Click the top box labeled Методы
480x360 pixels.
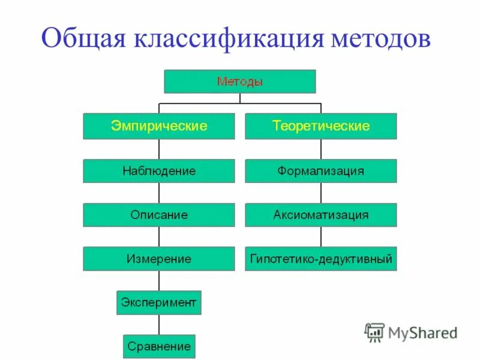tap(239, 82)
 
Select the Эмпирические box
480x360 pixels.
tap(159, 126)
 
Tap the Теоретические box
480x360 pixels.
tap(320, 126)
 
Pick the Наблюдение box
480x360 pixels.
tap(159, 171)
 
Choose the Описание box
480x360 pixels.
tap(159, 215)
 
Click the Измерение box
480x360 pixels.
tap(159, 259)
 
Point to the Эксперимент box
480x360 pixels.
tap(159, 302)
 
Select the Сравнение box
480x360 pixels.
tap(159, 346)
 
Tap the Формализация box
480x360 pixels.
tap(320, 171)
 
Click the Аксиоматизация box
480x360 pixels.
tap(320, 215)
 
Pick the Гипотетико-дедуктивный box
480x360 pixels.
tap(320, 259)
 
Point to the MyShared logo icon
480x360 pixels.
tap(374, 332)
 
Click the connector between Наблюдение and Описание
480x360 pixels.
tap(159, 193)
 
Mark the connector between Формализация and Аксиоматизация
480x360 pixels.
tap(320, 193)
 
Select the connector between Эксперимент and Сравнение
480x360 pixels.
tap(159, 325)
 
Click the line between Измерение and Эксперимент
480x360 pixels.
tap(159, 280)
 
